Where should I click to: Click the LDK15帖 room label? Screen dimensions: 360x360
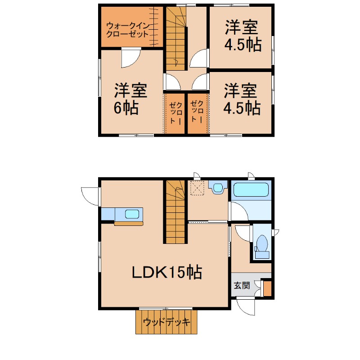[x=167, y=273]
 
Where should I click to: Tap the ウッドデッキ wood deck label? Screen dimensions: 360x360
[x=166, y=322]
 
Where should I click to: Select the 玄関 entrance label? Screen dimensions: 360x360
[x=242, y=285]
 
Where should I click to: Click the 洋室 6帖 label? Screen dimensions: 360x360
[x=130, y=99]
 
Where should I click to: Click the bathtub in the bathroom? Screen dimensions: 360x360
[x=251, y=189]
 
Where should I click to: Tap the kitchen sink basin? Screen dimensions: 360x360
[x=132, y=214]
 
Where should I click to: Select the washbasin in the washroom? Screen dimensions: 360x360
[x=218, y=188]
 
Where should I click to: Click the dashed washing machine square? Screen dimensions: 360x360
[x=197, y=188]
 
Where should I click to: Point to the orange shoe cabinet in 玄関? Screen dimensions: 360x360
[x=267, y=288]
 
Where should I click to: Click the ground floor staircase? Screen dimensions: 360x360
[x=175, y=212]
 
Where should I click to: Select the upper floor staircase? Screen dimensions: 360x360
[x=175, y=38]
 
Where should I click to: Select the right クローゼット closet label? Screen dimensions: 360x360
[x=197, y=112]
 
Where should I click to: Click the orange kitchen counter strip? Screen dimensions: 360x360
[x=129, y=224]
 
